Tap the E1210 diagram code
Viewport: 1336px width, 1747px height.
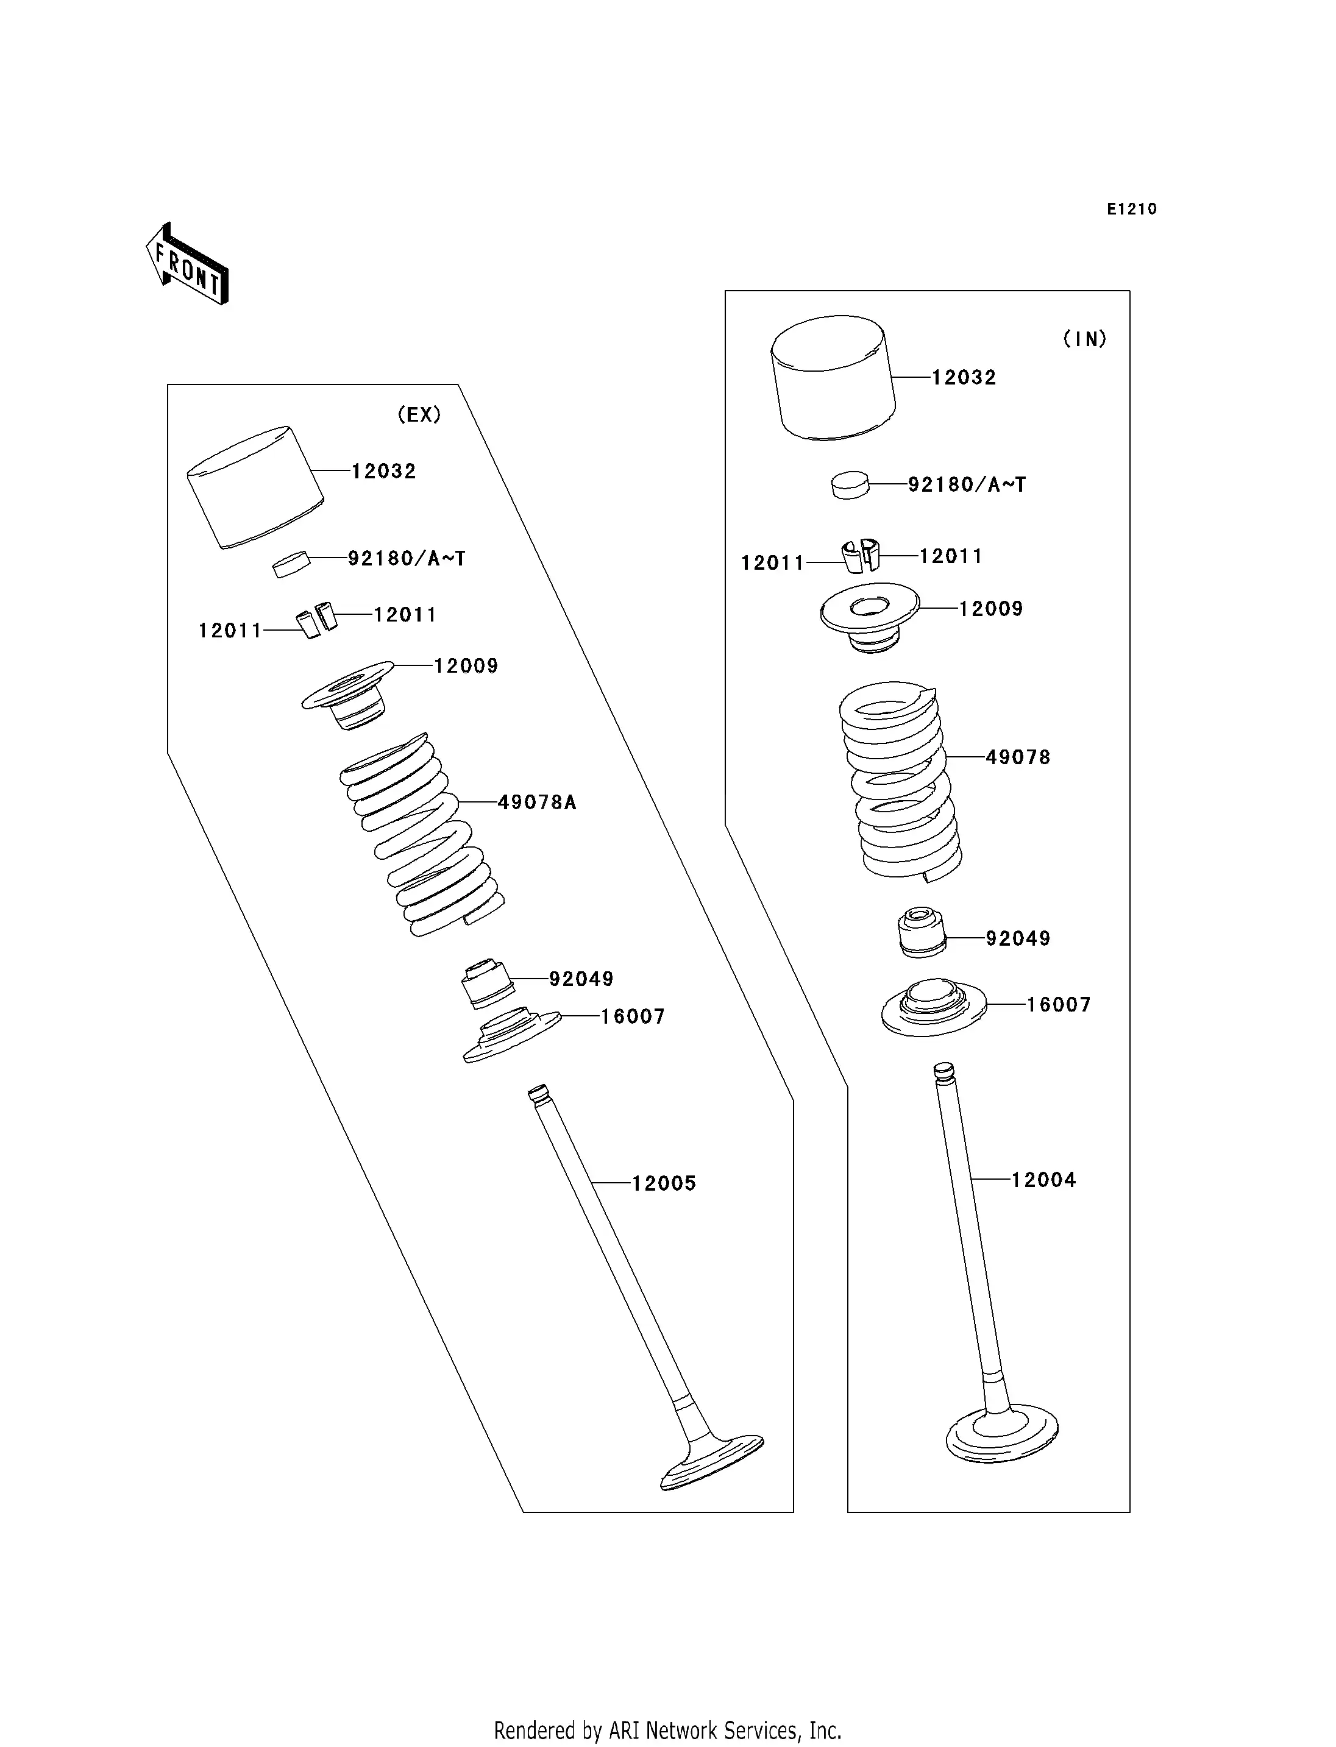(1132, 209)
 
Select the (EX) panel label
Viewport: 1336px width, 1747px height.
(419, 414)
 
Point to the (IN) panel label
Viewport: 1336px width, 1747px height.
(1085, 339)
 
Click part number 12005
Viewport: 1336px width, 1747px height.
(664, 1205)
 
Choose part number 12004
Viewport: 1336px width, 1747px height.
(1043, 1202)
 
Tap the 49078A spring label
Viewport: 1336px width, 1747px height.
(537, 803)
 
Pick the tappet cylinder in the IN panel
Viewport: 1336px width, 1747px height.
(833, 377)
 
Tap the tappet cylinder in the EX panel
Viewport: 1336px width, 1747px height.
(255, 487)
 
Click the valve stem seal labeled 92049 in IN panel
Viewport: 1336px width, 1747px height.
(922, 931)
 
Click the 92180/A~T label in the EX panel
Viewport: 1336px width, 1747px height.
(407, 558)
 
